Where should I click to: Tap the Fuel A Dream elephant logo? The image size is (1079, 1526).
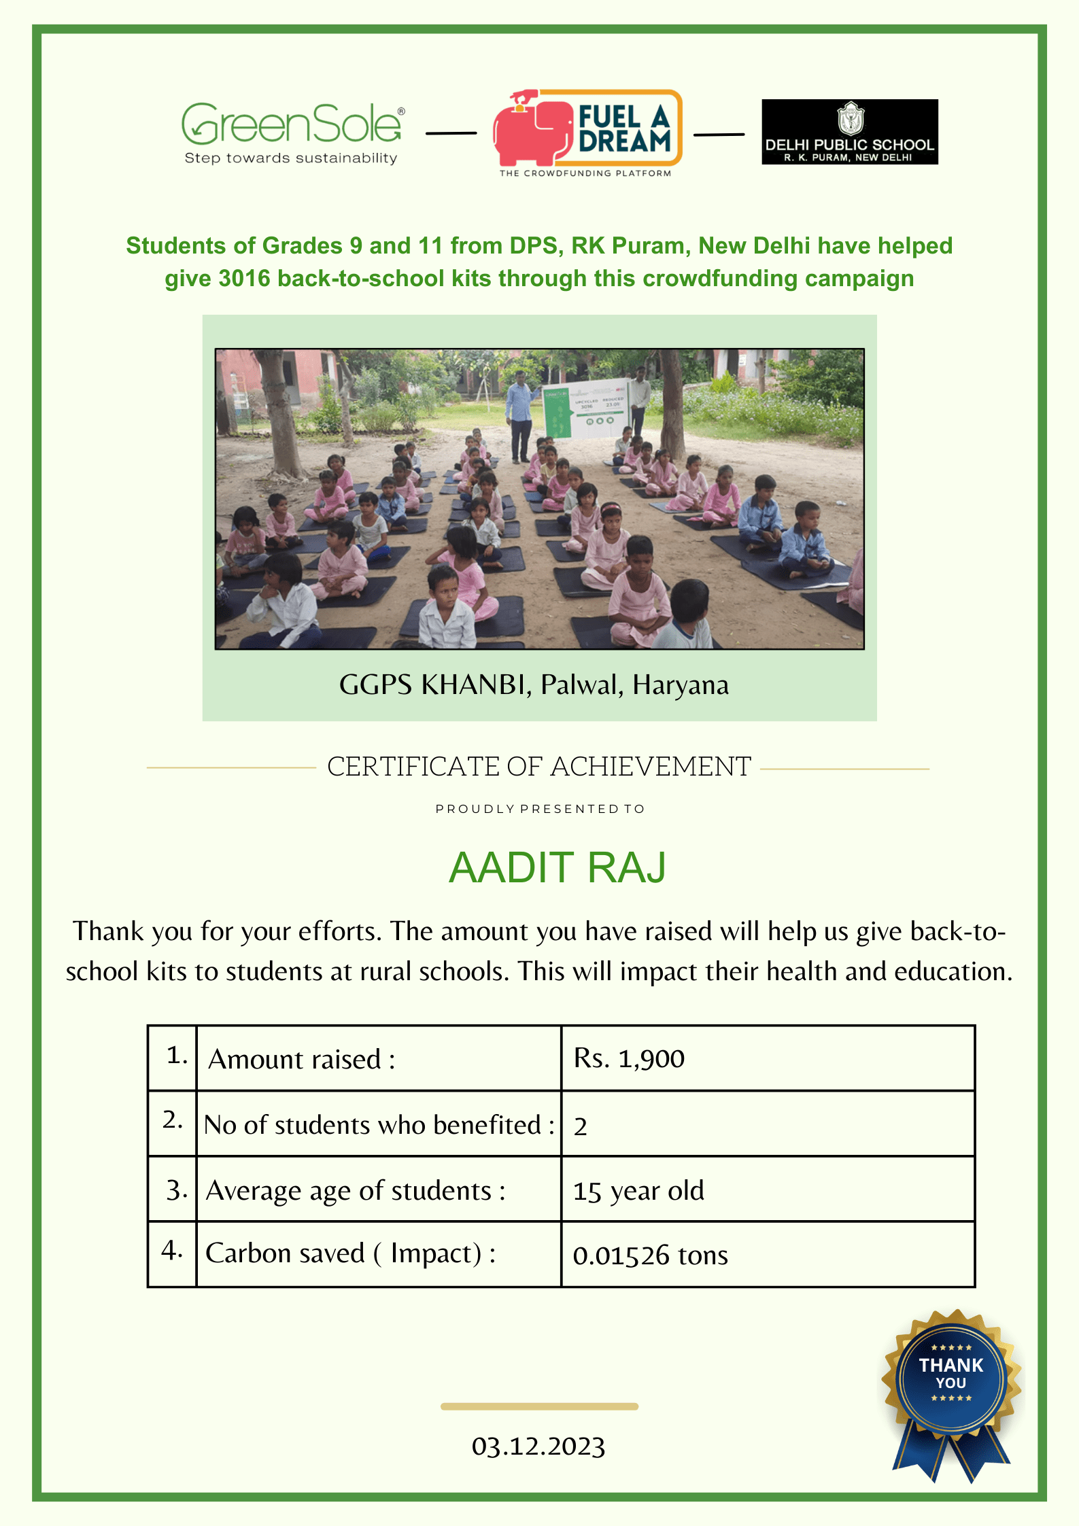587,131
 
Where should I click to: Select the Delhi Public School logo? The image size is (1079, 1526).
849,132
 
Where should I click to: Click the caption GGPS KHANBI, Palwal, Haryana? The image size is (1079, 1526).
534,685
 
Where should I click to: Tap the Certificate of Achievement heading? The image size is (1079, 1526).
539,767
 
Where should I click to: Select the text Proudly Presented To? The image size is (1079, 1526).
540,809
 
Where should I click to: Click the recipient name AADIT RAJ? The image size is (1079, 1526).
557,867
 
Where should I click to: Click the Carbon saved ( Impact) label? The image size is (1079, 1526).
350,1253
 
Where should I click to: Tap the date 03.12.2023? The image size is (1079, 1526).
538,1446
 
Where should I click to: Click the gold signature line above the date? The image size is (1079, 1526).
539,1406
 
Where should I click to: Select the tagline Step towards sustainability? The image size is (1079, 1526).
291,158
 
